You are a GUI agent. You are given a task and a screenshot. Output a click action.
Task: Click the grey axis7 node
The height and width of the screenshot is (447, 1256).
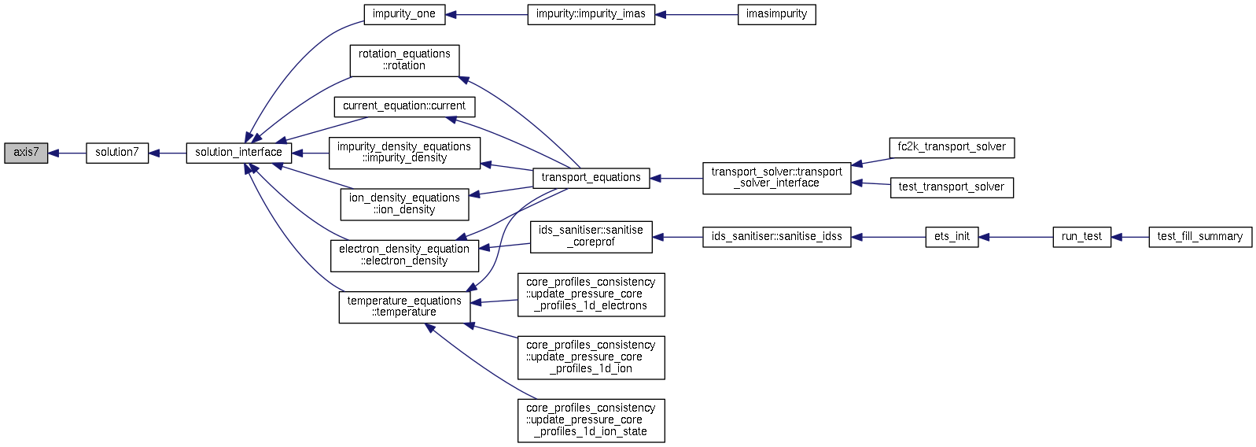tap(26, 153)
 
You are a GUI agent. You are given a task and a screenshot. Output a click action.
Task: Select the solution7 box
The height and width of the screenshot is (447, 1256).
tap(117, 153)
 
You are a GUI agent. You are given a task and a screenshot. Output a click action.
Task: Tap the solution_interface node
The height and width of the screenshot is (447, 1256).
tap(239, 153)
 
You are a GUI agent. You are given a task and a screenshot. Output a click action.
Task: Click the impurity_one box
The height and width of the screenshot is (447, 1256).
tap(404, 15)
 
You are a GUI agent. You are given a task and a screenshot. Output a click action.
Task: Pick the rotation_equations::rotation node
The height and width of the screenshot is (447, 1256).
tap(404, 61)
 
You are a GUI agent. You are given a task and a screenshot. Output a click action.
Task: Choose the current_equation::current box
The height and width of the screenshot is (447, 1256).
tap(404, 106)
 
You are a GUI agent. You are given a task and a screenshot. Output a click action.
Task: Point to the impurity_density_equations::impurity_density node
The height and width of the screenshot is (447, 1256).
tap(404, 153)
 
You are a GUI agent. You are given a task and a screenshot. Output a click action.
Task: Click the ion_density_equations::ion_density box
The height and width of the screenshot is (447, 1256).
tap(404, 204)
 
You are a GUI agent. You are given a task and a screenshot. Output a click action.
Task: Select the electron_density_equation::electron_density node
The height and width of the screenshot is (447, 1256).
tap(404, 256)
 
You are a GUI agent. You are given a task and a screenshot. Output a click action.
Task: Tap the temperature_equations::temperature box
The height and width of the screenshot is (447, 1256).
tap(404, 307)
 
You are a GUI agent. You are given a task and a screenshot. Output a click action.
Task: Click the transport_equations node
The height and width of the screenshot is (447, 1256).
tap(591, 179)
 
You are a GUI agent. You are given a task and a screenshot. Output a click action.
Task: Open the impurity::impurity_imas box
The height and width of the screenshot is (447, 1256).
tap(591, 15)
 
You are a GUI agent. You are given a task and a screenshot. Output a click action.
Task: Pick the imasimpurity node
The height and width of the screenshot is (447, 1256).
tap(776, 15)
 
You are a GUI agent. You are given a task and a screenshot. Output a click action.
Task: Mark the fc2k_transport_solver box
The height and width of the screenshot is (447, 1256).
tap(952, 147)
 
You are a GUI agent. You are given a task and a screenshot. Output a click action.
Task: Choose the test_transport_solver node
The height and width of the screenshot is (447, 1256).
tap(952, 187)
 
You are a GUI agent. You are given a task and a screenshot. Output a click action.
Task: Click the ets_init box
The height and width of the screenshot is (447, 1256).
tap(952, 237)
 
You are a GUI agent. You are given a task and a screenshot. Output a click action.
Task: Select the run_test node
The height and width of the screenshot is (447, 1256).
tap(1081, 237)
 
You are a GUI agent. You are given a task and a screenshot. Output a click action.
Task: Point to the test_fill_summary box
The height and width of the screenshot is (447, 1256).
tap(1200, 237)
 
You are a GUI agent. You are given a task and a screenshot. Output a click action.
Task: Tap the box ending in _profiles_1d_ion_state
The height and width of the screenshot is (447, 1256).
tap(591, 421)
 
